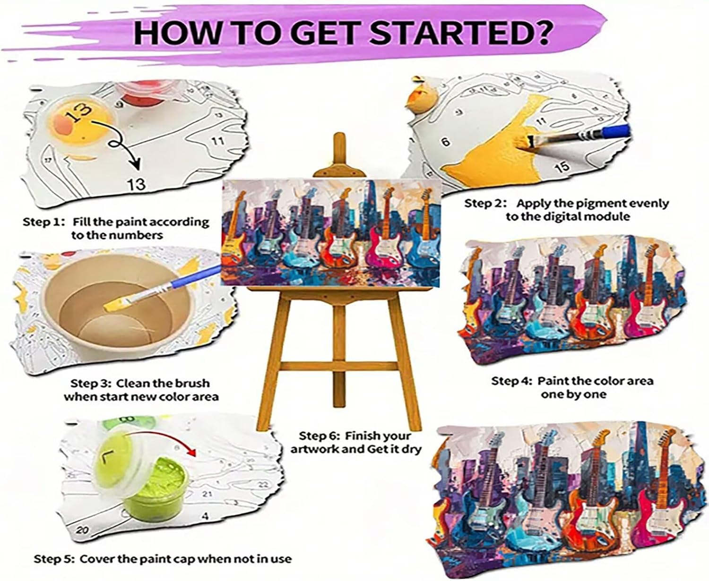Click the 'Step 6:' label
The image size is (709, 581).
point(320,436)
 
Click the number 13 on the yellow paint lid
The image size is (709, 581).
point(78,111)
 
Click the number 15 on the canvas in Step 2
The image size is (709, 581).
point(562,166)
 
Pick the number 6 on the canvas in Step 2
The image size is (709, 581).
point(445,142)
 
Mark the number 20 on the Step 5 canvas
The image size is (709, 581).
point(82,530)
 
